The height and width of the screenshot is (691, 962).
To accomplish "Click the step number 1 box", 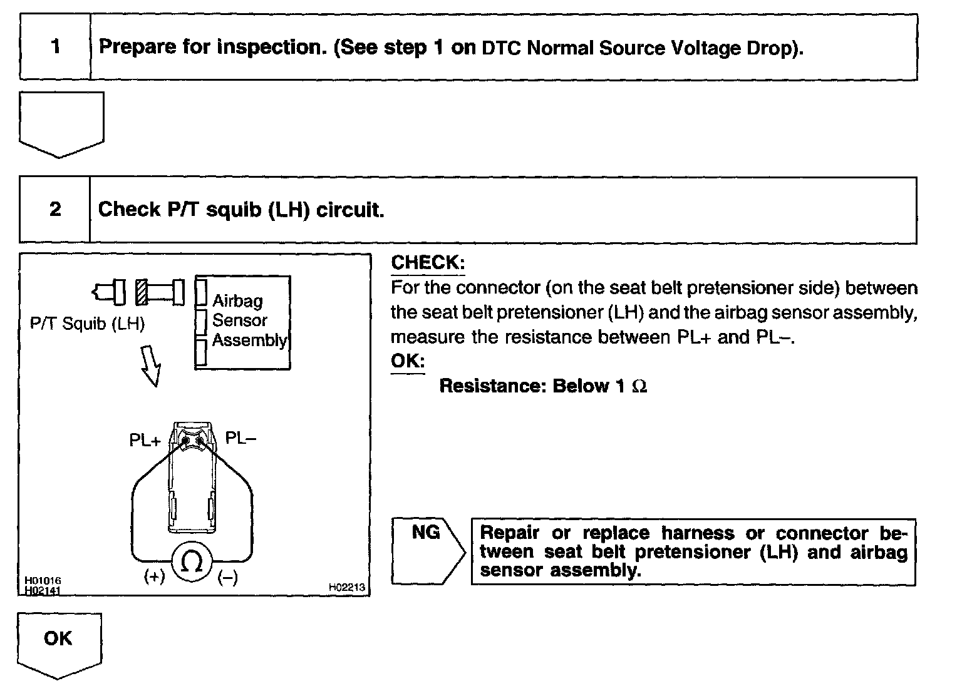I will (x=55, y=47).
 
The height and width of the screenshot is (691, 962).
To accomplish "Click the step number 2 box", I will (x=55, y=209).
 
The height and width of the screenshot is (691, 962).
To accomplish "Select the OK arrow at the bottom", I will (x=58, y=643).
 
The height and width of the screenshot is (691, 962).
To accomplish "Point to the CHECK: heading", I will (x=428, y=263).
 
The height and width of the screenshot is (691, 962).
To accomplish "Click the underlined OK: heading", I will (x=407, y=361).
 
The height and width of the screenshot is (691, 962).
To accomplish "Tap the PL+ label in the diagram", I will (x=145, y=441).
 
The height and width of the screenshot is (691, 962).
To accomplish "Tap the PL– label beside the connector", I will (x=240, y=438).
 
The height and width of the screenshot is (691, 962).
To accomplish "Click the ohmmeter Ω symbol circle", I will (x=191, y=563).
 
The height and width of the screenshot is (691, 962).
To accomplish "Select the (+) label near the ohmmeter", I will (x=154, y=577).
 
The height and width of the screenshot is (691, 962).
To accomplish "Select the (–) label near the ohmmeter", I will (x=227, y=578).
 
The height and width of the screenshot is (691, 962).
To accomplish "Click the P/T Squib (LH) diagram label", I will (x=87, y=324).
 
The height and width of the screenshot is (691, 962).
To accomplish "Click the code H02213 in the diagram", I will (x=346, y=587).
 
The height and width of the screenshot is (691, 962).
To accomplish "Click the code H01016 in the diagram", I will (x=43, y=581).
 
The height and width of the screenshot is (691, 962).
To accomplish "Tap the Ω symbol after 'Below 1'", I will (x=639, y=386).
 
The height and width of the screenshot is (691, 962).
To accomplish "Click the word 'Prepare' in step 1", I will (x=138, y=47).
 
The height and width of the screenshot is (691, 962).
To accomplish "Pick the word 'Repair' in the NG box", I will (x=509, y=533).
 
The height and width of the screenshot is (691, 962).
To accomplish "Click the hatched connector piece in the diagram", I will (x=141, y=292).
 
